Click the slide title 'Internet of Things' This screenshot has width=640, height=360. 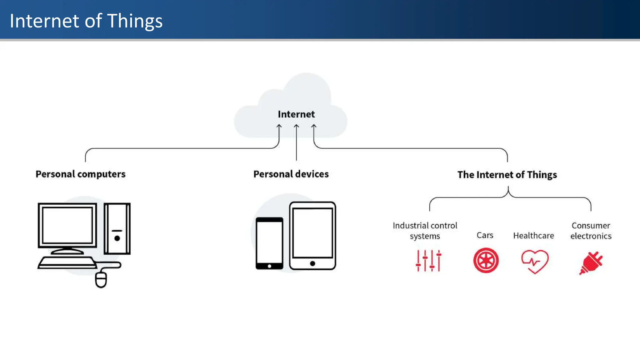click(86, 21)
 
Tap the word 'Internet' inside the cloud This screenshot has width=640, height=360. click(296, 114)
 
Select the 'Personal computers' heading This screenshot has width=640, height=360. click(80, 174)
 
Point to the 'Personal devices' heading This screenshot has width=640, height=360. click(291, 174)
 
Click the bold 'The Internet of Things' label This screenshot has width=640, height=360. click(507, 175)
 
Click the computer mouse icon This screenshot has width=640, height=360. click(101, 279)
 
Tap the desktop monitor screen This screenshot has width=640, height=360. click(67, 225)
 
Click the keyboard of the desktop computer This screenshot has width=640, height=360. click(67, 262)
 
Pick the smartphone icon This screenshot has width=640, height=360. click(269, 243)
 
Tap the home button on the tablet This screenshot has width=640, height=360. click(312, 263)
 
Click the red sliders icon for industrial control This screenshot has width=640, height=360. click(428, 261)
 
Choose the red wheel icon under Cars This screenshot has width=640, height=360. click(486, 260)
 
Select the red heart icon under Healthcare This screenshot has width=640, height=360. click(535, 261)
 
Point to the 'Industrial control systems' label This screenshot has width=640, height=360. click(425, 231)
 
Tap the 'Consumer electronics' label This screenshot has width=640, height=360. click(591, 231)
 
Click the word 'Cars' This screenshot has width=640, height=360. click(485, 235)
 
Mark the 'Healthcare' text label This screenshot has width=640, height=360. click(533, 235)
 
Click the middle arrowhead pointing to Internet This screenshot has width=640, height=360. click(296, 126)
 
